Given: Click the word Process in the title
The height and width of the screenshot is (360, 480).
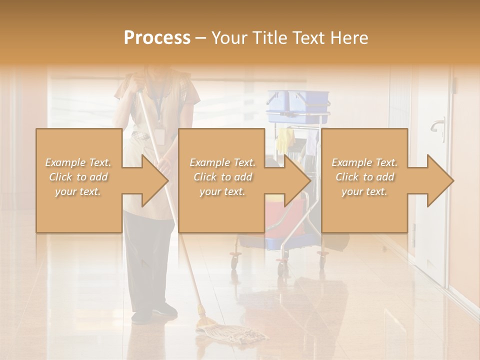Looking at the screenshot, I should pyautogui.click(x=157, y=37).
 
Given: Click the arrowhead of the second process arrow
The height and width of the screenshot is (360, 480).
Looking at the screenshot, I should pyautogui.click(x=296, y=180).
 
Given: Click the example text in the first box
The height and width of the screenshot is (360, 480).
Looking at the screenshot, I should pyautogui.click(x=78, y=177).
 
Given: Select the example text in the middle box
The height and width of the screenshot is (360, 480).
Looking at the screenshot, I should pyautogui.click(x=222, y=177).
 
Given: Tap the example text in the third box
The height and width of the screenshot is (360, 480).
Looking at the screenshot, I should pyautogui.click(x=364, y=177).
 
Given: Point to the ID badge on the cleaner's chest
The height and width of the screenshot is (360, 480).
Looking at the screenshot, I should pyautogui.click(x=160, y=135).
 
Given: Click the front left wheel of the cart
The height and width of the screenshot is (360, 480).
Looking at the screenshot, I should pyautogui.click(x=234, y=258).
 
